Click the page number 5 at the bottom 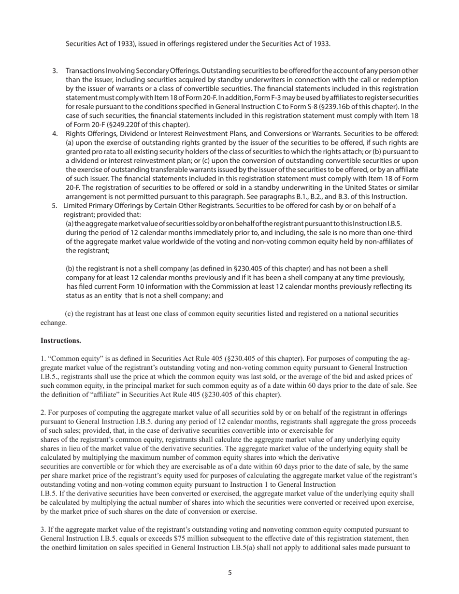click(230, 573)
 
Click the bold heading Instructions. click(60, 340)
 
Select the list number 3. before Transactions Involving click(55, 71)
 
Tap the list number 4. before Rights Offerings click(55, 133)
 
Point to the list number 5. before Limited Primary click(55, 206)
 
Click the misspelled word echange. click(54, 322)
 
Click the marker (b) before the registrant click(71, 269)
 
